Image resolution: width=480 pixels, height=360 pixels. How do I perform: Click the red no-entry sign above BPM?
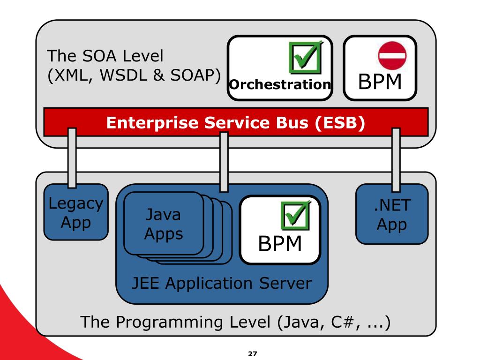pos(392,56)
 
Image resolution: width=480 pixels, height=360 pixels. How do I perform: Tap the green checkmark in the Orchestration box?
pos(306,58)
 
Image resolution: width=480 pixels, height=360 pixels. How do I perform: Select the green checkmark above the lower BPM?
pos(296,215)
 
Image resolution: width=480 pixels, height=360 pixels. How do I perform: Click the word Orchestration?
pos(280,84)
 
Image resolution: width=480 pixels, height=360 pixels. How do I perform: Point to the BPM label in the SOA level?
pos(380,82)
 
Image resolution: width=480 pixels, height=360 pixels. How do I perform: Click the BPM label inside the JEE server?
pos(280,244)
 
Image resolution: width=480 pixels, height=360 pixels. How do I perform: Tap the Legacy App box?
pos(76,212)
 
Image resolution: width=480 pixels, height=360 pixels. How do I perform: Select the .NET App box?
pos(392,214)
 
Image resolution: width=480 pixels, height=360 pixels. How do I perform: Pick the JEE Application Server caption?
pos(222,283)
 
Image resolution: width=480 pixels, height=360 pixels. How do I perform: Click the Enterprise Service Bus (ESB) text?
pos(236,122)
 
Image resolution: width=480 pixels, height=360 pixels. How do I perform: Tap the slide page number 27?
pos(253,354)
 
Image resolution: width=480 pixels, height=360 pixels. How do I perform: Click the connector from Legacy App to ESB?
pos(72,157)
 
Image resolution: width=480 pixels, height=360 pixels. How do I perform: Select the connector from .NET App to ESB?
pos(396,160)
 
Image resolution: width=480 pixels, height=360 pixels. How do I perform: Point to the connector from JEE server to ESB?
pos(224,162)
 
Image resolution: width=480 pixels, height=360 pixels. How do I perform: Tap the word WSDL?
pos(124,75)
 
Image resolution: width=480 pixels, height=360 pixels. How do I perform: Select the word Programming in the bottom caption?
pos(170,322)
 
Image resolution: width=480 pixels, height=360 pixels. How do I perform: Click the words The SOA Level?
pos(105,56)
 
